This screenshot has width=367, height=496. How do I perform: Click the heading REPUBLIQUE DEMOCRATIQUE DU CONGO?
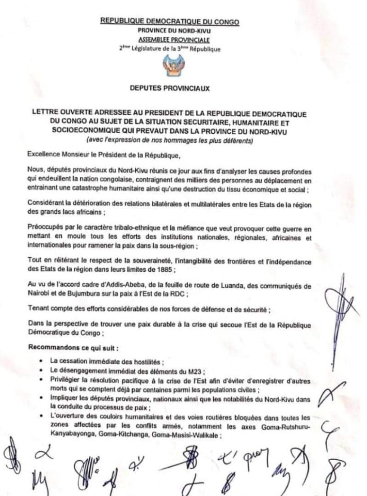click(169, 21)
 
